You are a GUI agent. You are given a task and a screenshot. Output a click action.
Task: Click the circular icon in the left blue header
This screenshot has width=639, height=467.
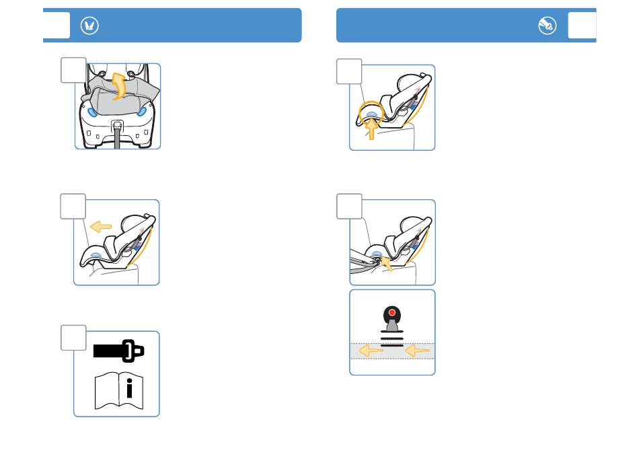pyautogui.click(x=90, y=26)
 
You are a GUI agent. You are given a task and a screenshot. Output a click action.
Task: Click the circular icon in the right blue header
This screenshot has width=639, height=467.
pyautogui.click(x=547, y=26)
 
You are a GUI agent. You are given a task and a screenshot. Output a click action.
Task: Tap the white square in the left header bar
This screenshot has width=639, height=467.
pyautogui.click(x=57, y=26)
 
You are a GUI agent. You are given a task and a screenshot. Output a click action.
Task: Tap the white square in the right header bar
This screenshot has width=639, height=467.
pyautogui.click(x=582, y=26)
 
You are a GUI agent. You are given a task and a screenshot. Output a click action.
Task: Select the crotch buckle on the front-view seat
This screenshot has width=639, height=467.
pyautogui.click(x=118, y=125)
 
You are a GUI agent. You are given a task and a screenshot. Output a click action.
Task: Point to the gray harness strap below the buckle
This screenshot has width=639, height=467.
pyautogui.click(x=118, y=140)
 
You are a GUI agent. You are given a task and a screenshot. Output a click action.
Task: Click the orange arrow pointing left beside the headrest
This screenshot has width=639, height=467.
pyautogui.click(x=102, y=227)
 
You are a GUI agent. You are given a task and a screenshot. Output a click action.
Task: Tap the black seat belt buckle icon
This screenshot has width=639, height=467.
pyautogui.click(x=118, y=351)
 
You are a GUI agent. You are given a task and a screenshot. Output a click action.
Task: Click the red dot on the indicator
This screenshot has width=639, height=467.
pyautogui.click(x=391, y=313)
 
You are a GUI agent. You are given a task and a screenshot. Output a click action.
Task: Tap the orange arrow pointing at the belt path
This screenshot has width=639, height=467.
pyautogui.click(x=387, y=261)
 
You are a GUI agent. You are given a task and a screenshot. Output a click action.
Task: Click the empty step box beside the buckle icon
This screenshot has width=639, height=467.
pyautogui.click(x=73, y=338)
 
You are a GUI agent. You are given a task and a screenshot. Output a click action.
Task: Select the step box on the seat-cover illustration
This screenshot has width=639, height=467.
pyautogui.click(x=73, y=70)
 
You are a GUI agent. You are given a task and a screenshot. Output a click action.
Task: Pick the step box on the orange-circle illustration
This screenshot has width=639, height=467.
pyautogui.click(x=349, y=71)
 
